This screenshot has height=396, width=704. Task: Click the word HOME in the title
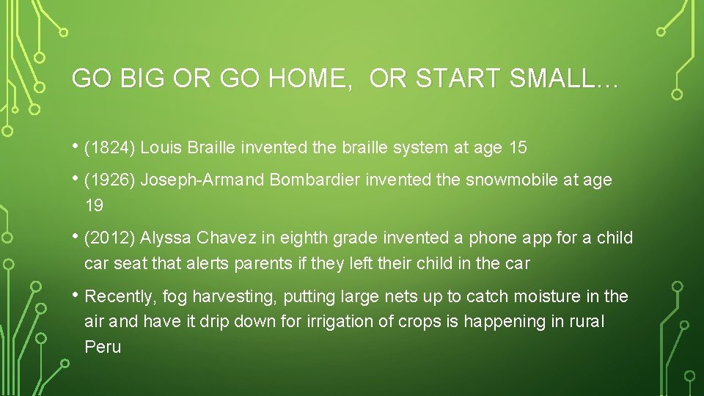pyautogui.click(x=307, y=79)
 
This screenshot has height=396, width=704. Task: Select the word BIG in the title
pyautogui.click(x=142, y=79)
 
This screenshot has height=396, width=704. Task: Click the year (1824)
pyautogui.click(x=110, y=147)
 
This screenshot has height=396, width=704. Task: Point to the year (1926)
pyautogui.click(x=110, y=180)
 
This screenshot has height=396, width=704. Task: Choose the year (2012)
pyautogui.click(x=110, y=238)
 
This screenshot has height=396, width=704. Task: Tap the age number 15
pyautogui.click(x=518, y=147)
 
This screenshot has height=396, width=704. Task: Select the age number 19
pyautogui.click(x=94, y=206)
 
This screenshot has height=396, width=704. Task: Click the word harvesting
pyautogui.click(x=236, y=297)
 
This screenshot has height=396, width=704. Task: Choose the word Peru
pyautogui.click(x=103, y=347)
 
